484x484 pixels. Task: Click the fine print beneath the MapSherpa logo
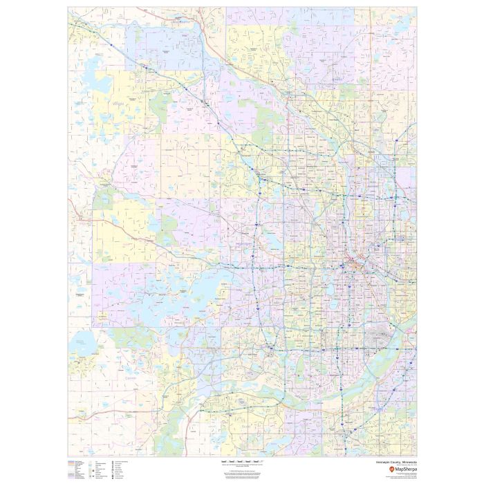click(394, 476)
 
